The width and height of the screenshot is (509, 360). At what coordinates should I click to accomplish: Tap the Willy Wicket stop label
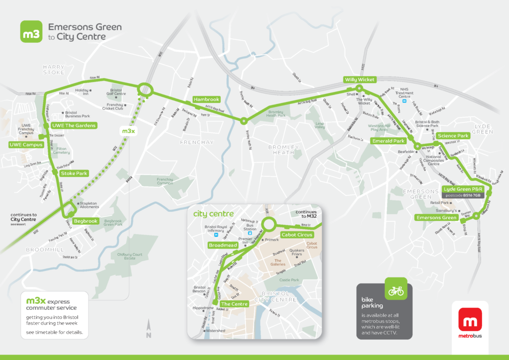(359, 80)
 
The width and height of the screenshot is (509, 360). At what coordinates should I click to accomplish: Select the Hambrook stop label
(206, 99)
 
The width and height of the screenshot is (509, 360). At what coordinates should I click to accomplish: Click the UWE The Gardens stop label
(74, 125)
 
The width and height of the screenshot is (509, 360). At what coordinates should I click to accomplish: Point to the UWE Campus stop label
(25, 145)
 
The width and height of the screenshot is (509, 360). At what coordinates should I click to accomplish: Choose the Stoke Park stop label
(74, 174)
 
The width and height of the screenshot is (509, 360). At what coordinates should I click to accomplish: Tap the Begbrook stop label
(85, 221)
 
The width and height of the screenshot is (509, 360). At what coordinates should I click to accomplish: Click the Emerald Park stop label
(389, 141)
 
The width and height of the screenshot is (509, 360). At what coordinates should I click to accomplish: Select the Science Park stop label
(453, 136)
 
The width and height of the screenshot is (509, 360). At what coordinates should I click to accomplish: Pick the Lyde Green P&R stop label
(463, 189)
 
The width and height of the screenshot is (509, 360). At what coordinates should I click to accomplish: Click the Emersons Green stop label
(436, 218)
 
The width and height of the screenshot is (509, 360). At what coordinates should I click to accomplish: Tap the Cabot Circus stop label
(297, 234)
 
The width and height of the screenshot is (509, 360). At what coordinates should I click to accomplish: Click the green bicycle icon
(396, 290)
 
